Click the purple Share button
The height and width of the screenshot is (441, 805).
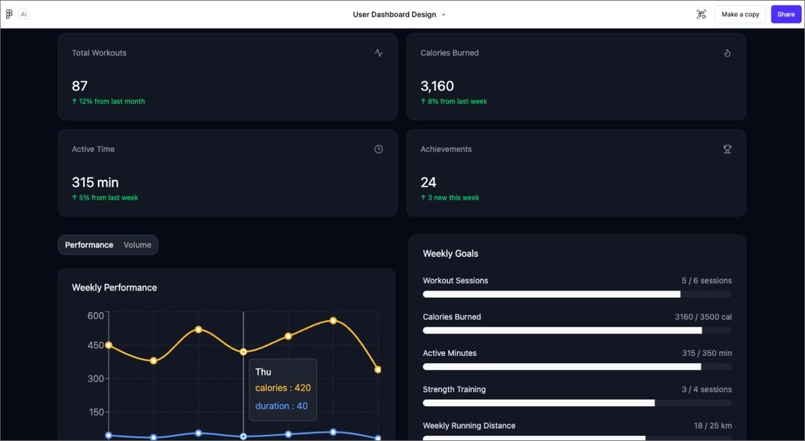pos(786,14)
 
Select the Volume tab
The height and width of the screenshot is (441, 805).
pos(138,245)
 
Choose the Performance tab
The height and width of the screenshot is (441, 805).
pos(89,245)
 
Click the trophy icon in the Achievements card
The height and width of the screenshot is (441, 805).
pos(727,149)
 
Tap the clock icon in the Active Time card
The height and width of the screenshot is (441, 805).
pos(378,149)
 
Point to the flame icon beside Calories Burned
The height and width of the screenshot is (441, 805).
pos(727,53)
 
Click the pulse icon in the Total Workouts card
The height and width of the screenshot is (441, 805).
pos(378,53)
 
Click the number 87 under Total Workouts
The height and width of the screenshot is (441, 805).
pos(80,86)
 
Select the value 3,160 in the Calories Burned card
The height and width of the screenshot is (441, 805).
pos(437,86)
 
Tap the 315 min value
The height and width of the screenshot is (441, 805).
pos(95,183)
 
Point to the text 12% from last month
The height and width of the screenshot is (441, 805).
pos(111,101)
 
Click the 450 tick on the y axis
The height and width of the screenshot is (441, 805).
pos(96,345)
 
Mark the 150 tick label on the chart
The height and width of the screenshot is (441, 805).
pos(96,412)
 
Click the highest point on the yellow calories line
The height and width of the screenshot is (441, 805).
pos(333,321)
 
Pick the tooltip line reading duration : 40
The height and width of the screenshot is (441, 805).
pos(282,405)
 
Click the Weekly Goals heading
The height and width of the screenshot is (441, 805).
pos(451,254)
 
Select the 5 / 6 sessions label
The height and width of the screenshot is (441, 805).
pos(706,281)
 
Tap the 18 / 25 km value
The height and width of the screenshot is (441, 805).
pos(712,426)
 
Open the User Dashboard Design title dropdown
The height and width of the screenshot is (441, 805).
pos(443,15)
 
